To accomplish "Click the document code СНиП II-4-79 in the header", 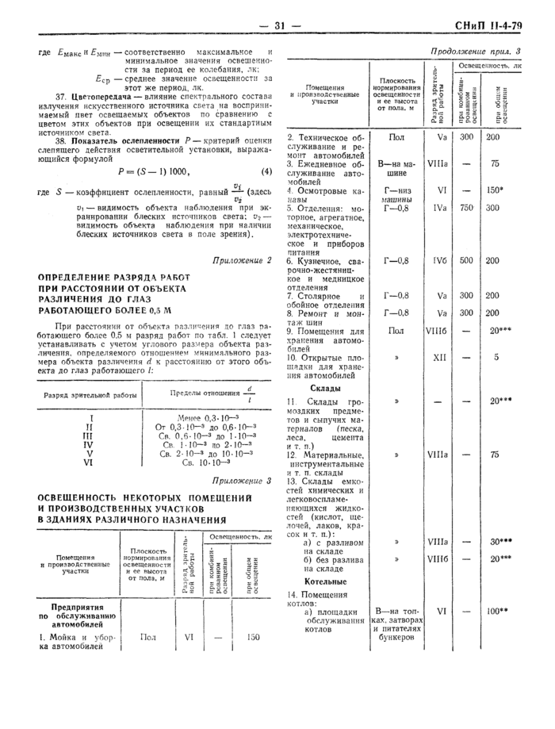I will (488, 26).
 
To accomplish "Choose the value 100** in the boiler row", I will (497, 612).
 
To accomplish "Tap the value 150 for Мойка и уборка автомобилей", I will (253, 637).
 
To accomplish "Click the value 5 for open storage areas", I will (495, 358).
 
